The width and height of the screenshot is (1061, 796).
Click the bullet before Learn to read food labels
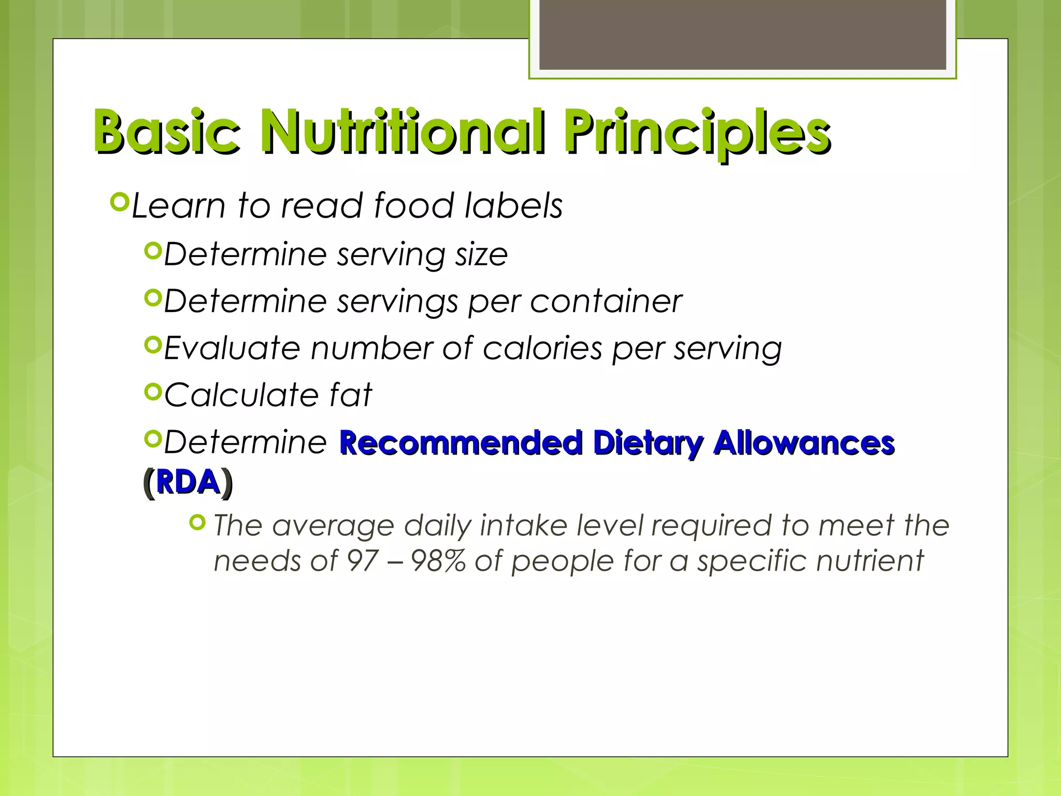(x=119, y=202)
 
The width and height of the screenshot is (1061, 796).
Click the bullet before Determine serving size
(x=153, y=252)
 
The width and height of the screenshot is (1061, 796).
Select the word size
(x=481, y=254)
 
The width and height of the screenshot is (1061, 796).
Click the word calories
(x=542, y=348)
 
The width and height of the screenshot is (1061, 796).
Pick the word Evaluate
(x=232, y=348)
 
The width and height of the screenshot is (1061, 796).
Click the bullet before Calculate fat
(x=153, y=392)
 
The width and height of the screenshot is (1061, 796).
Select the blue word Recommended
(x=461, y=443)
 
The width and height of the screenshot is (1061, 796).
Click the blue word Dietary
(x=648, y=443)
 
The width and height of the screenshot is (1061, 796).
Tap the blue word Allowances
(x=804, y=443)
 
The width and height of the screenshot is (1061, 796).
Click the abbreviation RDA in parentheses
(x=188, y=482)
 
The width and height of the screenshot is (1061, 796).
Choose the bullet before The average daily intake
(x=198, y=523)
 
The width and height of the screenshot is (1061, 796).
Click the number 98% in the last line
(x=438, y=561)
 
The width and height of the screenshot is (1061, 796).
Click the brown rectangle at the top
(x=742, y=34)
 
